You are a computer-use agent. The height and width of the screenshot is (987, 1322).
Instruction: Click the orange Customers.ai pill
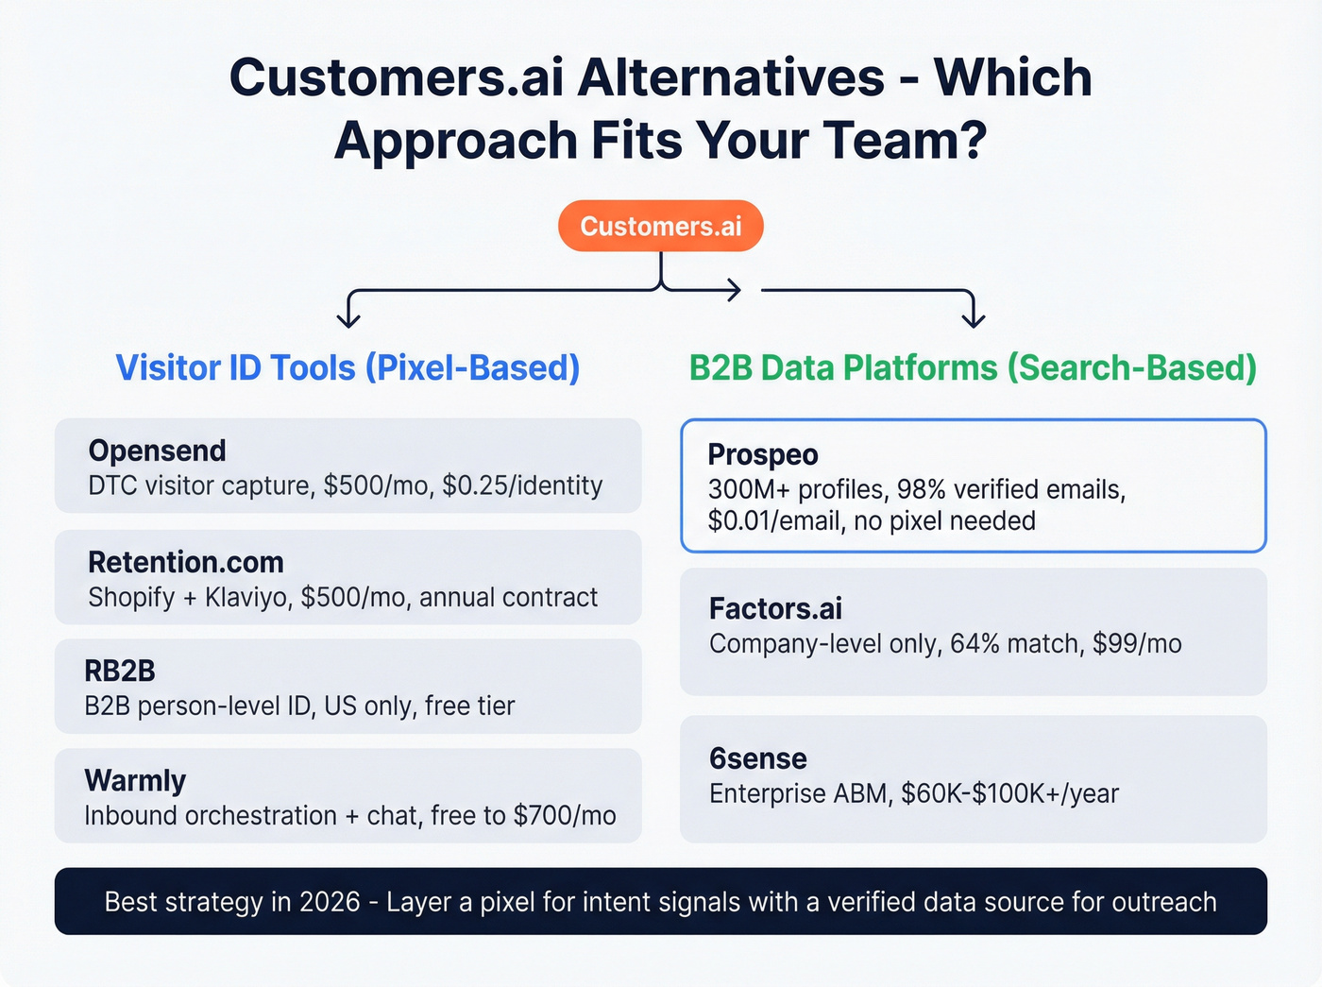pyautogui.click(x=660, y=226)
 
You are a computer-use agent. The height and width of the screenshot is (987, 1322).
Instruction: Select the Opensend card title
pyautogui.click(x=157, y=451)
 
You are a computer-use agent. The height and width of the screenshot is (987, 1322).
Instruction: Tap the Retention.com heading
pyautogui.click(x=185, y=562)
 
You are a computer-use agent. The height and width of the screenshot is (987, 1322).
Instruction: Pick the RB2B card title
pyautogui.click(x=119, y=671)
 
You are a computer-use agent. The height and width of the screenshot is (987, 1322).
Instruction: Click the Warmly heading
pyautogui.click(x=135, y=780)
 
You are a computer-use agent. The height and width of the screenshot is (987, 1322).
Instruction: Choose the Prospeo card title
pyautogui.click(x=762, y=454)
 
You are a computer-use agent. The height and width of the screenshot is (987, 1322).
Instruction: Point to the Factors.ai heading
pyautogui.click(x=775, y=608)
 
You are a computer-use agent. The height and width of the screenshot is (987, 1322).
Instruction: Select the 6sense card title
pyautogui.click(x=757, y=758)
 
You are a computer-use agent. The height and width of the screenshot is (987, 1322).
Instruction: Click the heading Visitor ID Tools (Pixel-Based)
pyautogui.click(x=347, y=367)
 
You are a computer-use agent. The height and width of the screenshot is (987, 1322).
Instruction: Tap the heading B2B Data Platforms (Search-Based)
pyautogui.click(x=973, y=367)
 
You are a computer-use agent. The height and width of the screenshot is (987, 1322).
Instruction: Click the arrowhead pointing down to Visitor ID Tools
pyautogui.click(x=348, y=318)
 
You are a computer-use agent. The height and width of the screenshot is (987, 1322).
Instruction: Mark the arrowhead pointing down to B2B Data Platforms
pyautogui.click(x=973, y=318)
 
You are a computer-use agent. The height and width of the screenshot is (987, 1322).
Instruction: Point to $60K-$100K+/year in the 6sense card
pyautogui.click(x=1009, y=793)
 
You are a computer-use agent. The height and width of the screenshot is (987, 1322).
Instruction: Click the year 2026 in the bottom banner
pyautogui.click(x=330, y=902)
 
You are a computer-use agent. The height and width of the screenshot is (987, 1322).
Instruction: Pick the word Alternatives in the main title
pyautogui.click(x=731, y=77)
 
